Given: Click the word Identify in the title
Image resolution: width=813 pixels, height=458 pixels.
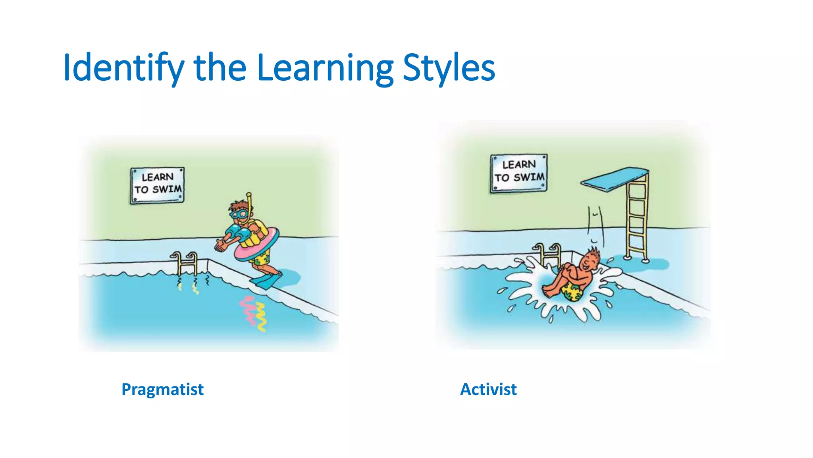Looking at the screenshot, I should pos(123,68).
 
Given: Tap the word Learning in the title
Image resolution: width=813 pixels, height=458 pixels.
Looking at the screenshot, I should pos(325,68).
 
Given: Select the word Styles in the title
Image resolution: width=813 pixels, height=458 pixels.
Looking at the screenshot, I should pos(449,68).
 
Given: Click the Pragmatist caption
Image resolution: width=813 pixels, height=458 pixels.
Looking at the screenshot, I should pos(162,389).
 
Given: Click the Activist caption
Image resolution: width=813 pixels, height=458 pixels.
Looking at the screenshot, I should pos(488,389).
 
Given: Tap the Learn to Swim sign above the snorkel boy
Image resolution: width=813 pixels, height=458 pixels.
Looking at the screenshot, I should pos(157,185).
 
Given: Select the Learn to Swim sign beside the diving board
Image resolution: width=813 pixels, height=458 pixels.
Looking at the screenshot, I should pos(518,173).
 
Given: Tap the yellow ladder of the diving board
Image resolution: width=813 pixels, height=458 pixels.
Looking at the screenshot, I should pos(637,217).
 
